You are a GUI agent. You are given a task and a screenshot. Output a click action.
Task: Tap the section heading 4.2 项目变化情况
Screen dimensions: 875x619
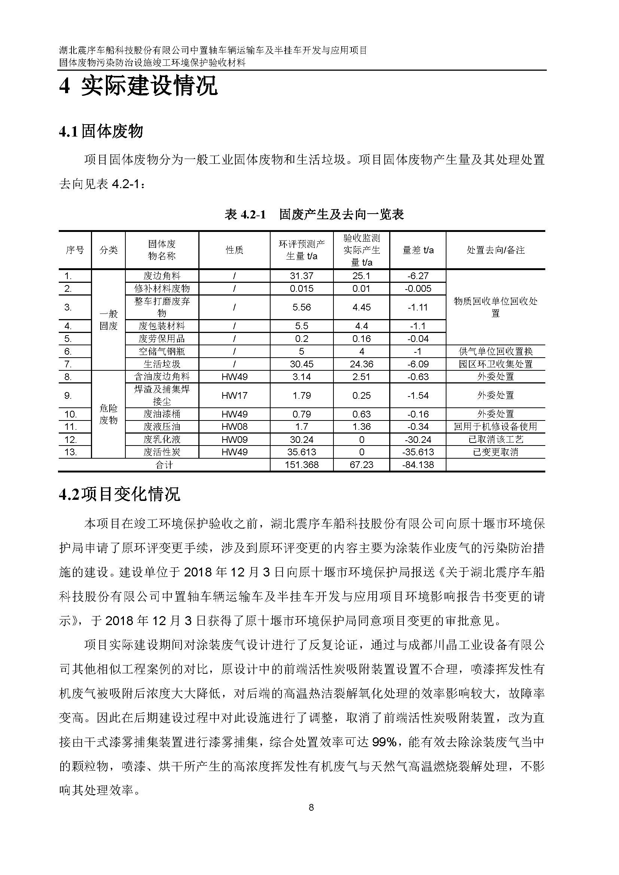(119, 495)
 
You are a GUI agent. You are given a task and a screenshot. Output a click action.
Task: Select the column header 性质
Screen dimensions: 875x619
(234, 250)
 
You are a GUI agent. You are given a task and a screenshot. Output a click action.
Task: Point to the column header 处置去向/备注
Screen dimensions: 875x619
(495, 250)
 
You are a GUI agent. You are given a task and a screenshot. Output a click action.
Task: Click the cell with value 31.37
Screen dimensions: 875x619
(301, 276)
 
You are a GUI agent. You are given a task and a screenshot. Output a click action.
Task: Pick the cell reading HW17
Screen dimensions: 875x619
(234, 395)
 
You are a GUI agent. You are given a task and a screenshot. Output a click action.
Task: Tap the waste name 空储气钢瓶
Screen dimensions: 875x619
(162, 351)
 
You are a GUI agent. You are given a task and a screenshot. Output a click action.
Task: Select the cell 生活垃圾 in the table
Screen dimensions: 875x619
(162, 364)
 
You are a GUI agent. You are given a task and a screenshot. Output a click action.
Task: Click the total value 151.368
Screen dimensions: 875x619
(301, 465)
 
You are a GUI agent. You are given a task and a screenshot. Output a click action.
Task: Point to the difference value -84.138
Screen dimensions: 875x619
(418, 465)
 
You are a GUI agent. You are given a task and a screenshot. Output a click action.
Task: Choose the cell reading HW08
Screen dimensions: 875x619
(234, 426)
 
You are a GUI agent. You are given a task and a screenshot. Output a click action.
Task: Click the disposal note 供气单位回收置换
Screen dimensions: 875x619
(495, 351)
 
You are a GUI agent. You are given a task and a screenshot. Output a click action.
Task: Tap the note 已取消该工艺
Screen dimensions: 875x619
(495, 440)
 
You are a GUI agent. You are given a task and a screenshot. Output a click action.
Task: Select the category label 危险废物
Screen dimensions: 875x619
(108, 414)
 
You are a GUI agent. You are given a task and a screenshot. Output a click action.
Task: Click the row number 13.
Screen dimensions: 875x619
(70, 452)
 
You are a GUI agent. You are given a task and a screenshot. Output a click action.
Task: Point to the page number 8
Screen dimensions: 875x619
(311, 807)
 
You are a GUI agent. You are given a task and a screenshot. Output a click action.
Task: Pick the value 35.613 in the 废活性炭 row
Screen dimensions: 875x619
(301, 452)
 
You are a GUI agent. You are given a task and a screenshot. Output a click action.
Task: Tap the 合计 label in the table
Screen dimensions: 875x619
(164, 465)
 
